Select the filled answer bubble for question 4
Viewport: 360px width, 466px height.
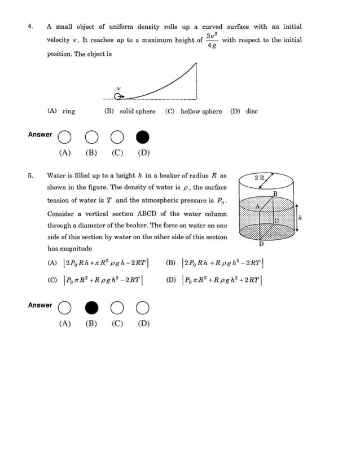click(x=143, y=137)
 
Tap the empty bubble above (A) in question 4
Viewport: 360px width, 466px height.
click(x=65, y=137)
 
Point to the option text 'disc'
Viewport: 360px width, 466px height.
click(x=252, y=112)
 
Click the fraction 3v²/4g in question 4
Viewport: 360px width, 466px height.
click(x=212, y=41)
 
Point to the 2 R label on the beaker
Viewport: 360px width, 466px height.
click(x=260, y=178)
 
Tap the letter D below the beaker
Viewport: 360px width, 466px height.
click(x=261, y=244)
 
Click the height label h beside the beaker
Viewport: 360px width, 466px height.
click(x=300, y=217)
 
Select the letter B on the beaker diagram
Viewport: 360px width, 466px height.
click(x=275, y=194)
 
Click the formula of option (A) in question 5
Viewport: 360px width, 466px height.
click(x=106, y=263)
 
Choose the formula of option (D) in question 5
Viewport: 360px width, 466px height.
click(x=222, y=280)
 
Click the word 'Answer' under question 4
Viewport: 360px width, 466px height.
click(x=39, y=135)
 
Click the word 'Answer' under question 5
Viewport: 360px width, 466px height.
click(x=39, y=305)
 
